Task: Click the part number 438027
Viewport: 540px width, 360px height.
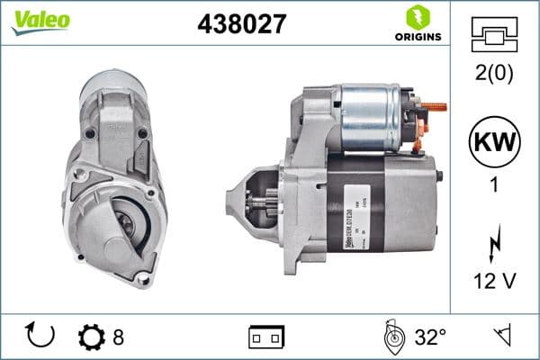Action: (241, 24)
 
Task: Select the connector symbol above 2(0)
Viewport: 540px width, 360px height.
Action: (494, 37)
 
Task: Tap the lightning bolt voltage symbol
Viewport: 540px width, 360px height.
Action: (494, 244)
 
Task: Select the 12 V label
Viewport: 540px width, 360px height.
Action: (494, 282)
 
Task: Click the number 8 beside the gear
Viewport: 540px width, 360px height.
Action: (118, 337)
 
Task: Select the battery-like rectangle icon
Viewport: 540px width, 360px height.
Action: (265, 337)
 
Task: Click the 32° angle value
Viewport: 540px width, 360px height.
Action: (430, 337)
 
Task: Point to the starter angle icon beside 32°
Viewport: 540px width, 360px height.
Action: (393, 337)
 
